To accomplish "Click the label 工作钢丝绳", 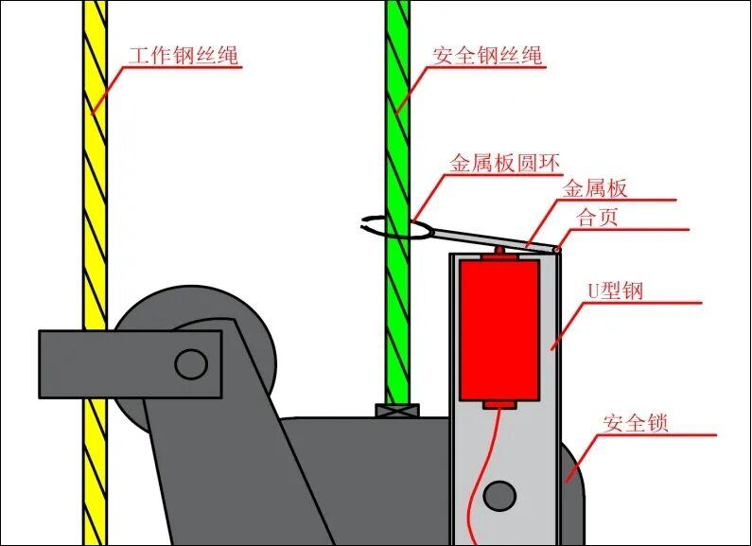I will click(184, 56).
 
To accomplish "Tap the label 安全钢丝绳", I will click(488, 56).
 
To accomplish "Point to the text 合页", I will click(598, 217).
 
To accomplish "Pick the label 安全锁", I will click(635, 423).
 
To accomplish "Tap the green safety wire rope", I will click(398, 142).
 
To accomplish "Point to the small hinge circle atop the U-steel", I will click(556, 249).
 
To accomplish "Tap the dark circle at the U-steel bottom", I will click(499, 494).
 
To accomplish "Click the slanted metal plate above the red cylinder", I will click(492, 237).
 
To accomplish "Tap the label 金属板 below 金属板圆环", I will click(595, 188).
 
